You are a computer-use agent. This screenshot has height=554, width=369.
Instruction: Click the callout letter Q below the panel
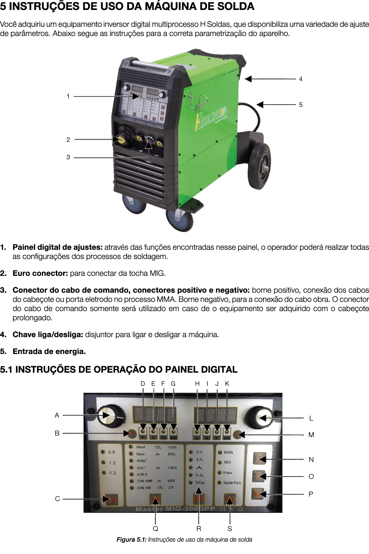155,528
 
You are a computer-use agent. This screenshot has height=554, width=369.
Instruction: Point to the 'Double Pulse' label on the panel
232,483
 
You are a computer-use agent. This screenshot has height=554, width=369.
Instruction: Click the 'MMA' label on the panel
229,452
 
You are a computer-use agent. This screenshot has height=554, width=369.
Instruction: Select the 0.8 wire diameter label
111,452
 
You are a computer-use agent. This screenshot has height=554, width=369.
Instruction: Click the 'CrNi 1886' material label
145,481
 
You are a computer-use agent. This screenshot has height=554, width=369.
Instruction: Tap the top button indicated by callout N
260,458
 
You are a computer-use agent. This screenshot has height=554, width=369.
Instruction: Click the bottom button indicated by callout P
259,494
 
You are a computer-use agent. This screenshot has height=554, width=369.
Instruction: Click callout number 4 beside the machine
301,79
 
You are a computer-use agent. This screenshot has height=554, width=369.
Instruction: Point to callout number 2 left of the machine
68,139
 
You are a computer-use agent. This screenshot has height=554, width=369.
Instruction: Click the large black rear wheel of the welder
259,166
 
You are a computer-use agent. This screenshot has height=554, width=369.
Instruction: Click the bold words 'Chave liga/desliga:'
48,334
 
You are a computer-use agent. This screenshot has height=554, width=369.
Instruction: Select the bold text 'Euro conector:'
40,273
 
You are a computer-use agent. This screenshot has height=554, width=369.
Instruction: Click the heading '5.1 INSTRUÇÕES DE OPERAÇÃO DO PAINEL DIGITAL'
119,369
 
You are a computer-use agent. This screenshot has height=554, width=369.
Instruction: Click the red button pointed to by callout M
238,434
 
